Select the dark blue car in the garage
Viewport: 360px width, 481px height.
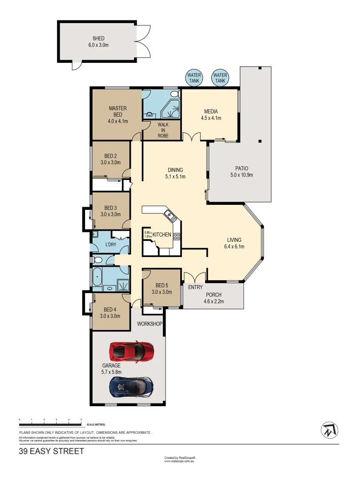(x=132, y=386)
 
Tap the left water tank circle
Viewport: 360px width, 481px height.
(x=194, y=78)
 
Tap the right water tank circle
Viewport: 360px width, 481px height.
(x=220, y=78)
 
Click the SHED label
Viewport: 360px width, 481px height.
(x=98, y=38)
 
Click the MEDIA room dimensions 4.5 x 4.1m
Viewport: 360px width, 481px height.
(x=210, y=118)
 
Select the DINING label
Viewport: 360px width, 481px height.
(x=175, y=170)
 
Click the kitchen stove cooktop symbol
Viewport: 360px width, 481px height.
(x=176, y=236)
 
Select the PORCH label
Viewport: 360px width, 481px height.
(x=214, y=295)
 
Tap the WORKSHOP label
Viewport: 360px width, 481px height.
(x=150, y=324)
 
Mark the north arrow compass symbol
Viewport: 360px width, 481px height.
(x=329, y=430)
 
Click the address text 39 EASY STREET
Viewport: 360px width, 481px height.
(x=51, y=451)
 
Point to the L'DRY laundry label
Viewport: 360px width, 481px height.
(x=110, y=245)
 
